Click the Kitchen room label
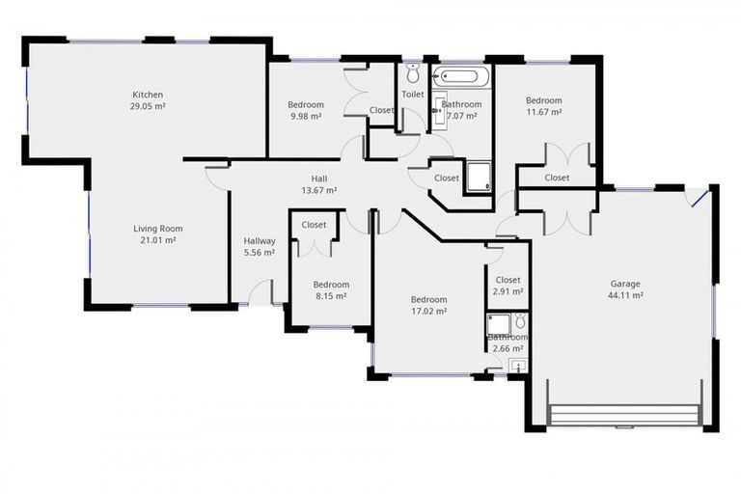[x=148, y=95]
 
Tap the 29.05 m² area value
[x=148, y=106]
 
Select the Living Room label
[x=158, y=229]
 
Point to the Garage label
[x=624, y=284]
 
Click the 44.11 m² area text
[x=624, y=296]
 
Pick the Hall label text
[x=318, y=178]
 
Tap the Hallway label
[x=260, y=241]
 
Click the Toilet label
[x=413, y=95]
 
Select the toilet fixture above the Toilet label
[x=413, y=73]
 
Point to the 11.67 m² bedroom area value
[x=543, y=112]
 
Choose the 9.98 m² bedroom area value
[x=306, y=116]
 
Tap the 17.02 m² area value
[x=428, y=312]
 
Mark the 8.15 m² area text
[x=331, y=297]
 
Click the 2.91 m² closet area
[x=508, y=291]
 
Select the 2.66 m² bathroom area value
[x=508, y=348]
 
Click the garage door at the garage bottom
[x=624, y=417]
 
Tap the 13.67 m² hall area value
[x=318, y=190]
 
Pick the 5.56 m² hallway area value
[x=260, y=253]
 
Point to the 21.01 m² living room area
[x=158, y=240]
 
